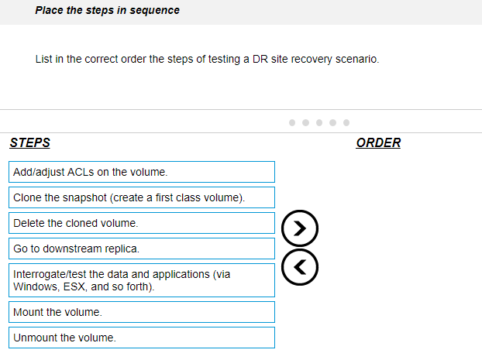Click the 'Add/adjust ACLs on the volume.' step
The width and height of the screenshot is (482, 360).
[x=142, y=172]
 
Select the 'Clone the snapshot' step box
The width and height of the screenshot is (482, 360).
[x=142, y=197]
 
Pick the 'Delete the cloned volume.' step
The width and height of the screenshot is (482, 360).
[x=142, y=223]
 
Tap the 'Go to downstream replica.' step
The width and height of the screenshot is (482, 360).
[x=142, y=249]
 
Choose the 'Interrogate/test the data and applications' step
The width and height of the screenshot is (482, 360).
[x=142, y=280]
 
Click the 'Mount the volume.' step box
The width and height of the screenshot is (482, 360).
[x=142, y=312]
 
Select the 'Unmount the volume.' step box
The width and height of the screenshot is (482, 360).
[x=142, y=338]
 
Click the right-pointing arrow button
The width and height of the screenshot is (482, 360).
[x=300, y=228]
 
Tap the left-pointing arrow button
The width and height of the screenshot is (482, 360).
[x=300, y=267]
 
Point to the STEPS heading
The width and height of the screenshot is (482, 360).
[x=29, y=142]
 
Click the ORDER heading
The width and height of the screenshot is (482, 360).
[x=378, y=142]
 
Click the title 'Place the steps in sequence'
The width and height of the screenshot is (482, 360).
[x=107, y=10]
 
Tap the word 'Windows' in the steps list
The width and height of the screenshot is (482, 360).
[x=35, y=286]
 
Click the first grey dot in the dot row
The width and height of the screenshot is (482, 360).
[x=292, y=123]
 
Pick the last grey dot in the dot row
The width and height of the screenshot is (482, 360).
[x=346, y=123]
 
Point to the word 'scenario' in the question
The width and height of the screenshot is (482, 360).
[x=356, y=59]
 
